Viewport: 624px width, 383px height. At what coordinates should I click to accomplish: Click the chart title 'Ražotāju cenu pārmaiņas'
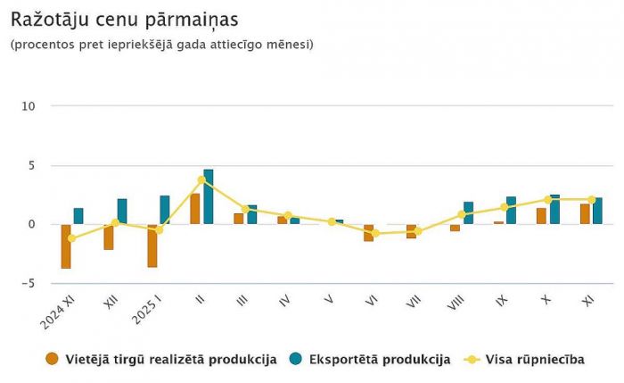click(124, 19)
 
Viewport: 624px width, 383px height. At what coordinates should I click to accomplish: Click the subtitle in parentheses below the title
click(162, 44)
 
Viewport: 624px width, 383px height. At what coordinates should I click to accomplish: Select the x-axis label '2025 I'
click(144, 310)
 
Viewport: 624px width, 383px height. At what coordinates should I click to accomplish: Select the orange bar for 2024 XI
click(66, 246)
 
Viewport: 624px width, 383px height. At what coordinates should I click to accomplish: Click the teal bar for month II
click(209, 196)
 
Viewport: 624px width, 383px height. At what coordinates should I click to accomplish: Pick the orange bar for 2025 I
click(152, 246)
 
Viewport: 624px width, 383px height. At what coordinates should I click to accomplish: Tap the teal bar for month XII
click(122, 211)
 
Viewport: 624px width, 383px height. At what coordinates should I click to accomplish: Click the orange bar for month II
click(195, 209)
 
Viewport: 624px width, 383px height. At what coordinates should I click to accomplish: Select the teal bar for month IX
click(512, 210)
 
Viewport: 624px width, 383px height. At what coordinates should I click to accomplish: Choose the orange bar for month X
click(541, 215)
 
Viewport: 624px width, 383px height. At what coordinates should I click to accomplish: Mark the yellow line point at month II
click(201, 180)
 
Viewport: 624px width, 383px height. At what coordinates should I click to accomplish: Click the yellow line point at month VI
click(375, 233)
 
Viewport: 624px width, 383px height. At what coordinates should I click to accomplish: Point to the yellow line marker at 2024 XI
click(72, 238)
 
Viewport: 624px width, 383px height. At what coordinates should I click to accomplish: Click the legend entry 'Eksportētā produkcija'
click(380, 360)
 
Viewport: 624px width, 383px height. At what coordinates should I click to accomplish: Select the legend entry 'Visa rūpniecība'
click(535, 360)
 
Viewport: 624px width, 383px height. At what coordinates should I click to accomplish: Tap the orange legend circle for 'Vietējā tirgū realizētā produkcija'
click(52, 360)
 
